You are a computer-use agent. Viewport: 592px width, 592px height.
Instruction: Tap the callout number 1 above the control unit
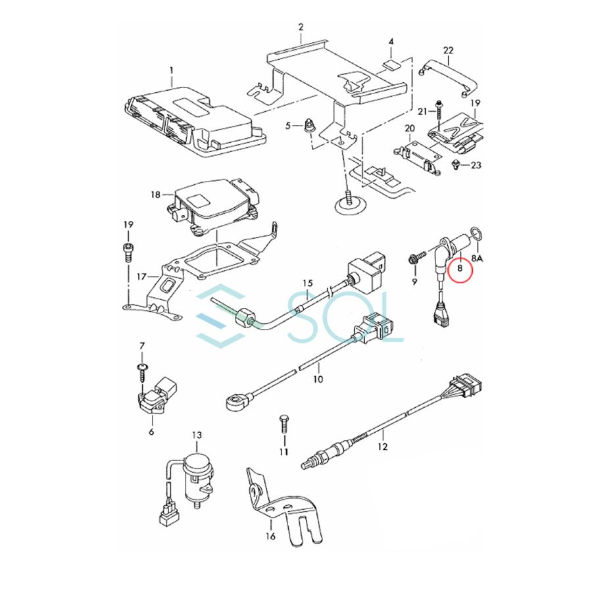[x=172, y=70]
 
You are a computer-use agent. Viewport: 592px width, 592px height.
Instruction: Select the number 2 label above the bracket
[x=301, y=28]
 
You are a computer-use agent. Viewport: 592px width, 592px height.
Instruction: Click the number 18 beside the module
[x=155, y=195]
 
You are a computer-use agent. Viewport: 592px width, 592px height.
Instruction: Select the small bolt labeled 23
[x=455, y=164]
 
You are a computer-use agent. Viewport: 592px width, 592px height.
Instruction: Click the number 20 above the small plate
[x=409, y=128]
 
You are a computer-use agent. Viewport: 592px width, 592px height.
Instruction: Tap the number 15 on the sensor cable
[x=307, y=284]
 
